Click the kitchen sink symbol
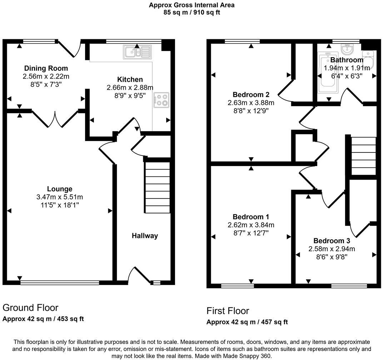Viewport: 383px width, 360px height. (x=138, y=52)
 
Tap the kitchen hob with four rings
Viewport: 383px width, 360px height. (x=161, y=100)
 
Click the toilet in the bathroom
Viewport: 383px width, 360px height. (x=368, y=60)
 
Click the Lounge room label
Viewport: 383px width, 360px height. (x=60, y=189)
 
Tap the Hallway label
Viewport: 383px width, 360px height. (x=145, y=236)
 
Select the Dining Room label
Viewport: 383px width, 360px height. (x=46, y=68)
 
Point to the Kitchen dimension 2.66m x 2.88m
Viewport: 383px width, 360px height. (x=130, y=87)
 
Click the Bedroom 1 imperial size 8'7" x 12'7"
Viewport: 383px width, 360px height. (x=251, y=233)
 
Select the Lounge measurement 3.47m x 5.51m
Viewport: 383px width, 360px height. (x=60, y=197)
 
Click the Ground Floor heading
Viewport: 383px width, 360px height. (x=30, y=307)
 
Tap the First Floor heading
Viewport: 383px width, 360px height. (x=228, y=310)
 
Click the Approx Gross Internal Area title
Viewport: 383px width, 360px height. (x=192, y=5)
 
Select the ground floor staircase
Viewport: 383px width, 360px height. (x=157, y=187)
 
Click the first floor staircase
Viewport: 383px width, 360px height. (x=364, y=156)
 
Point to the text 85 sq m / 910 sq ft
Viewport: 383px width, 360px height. (x=192, y=12)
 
